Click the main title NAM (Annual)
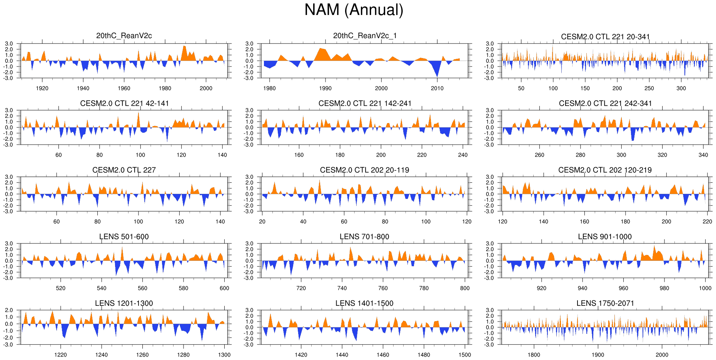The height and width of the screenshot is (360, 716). tap(354, 10)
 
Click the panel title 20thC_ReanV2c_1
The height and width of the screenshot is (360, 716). tap(365, 36)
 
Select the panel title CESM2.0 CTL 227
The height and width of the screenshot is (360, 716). tap(124, 170)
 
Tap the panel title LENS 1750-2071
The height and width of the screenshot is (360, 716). tap(605, 303)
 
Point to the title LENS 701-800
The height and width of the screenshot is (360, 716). tap(364, 237)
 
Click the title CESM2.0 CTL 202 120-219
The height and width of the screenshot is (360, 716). tap(605, 170)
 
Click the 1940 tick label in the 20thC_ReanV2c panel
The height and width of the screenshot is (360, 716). tap(83, 88)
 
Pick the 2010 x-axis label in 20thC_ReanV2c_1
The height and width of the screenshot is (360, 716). tap(437, 88)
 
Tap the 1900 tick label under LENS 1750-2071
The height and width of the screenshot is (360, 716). tap(598, 355)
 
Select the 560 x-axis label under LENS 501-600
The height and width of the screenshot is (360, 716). tap(142, 288)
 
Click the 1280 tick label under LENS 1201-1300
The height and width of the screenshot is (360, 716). tap(184, 355)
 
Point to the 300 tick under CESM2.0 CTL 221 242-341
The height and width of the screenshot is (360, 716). tap(621, 155)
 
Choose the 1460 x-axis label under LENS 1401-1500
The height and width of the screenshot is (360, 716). tap(383, 355)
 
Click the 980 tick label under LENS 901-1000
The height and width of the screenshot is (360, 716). tap(664, 288)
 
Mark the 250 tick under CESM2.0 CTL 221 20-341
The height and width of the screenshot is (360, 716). tap(649, 88)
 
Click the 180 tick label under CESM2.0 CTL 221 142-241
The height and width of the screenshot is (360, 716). tap(340, 155)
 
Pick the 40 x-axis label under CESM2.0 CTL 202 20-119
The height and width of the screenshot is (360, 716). tap(303, 222)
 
